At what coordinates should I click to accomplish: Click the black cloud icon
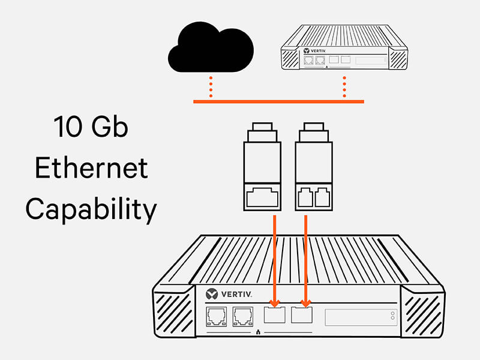pos(211,47)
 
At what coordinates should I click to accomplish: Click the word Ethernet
pos(92,168)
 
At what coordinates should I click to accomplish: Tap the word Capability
pos(91,209)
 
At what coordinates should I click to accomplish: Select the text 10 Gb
pos(91,127)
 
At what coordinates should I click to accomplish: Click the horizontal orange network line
pos(278,101)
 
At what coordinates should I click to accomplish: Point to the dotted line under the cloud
pos(211,87)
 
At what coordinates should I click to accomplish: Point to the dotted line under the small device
pos(344,87)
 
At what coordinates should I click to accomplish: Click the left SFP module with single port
pos(262,167)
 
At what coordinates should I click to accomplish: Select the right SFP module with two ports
pos(314,167)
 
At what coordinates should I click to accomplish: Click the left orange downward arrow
pos(275,261)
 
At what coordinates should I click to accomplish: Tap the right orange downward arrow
pos(305,261)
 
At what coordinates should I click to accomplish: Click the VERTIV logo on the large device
pos(229,294)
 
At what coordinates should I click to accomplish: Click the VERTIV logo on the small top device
pos(314,51)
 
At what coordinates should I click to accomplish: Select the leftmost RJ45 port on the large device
pos(217,317)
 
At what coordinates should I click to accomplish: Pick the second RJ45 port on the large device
pos(243,317)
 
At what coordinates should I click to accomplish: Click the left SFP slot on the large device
pos(275,314)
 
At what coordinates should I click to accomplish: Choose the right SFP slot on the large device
pos(302,314)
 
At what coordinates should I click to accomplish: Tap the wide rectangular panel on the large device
pos(361,317)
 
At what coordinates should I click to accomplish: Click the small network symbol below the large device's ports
pos(258,332)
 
